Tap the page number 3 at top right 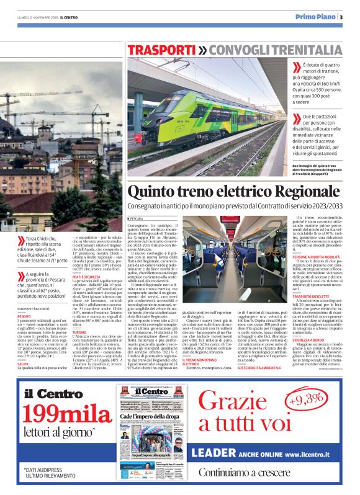(x=341, y=17)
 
